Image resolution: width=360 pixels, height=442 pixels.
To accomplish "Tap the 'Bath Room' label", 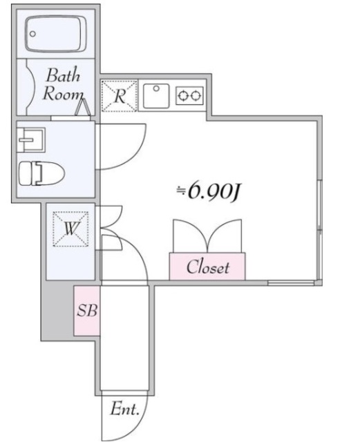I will tap(64, 85).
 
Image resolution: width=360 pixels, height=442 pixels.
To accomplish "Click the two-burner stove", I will tap(190, 95).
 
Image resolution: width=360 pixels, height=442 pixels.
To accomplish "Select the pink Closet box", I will tap(207, 267).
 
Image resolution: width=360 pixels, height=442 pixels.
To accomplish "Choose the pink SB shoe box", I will tap(87, 310).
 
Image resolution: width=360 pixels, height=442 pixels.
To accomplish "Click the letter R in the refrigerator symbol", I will tap(120, 96).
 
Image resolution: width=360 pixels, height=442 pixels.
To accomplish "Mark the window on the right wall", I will tap(319, 207).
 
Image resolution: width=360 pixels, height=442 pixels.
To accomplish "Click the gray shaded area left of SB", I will tap(56, 311).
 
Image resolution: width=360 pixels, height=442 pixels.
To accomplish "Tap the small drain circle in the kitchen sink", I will tap(157, 88).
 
